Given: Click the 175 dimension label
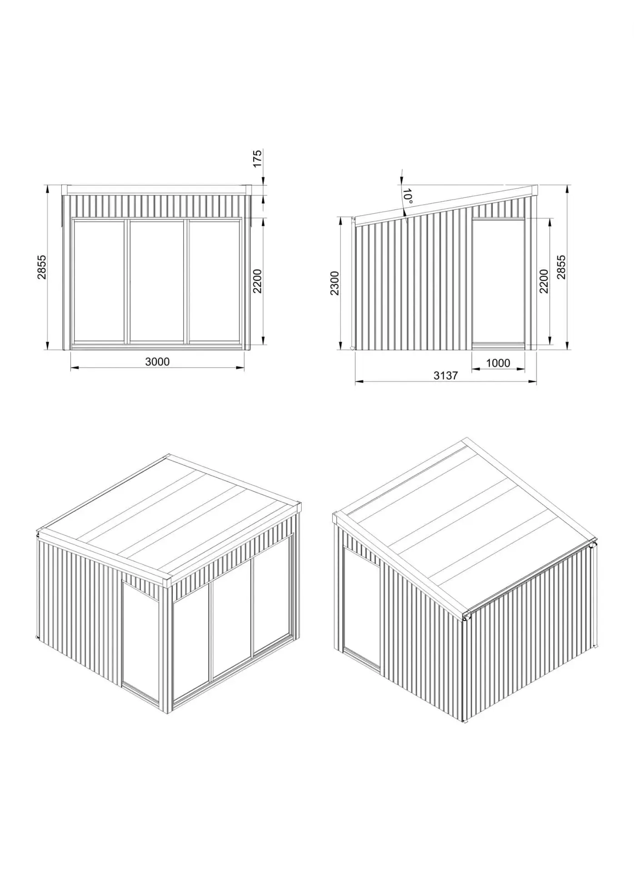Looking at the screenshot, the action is pos(257,159).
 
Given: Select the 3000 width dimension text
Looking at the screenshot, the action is pos(157,362).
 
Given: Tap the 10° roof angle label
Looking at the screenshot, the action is pos(408,196).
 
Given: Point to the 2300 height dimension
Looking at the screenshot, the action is pos(334,283).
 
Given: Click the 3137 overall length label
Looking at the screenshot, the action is pos(445,375).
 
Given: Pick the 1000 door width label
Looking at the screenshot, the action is pos(498,363).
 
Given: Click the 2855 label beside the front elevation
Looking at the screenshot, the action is pos(41,267).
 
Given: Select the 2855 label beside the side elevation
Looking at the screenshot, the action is pos(561,267).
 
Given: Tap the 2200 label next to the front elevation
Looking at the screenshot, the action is pos(257,281).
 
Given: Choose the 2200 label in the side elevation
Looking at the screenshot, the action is pos(544,281).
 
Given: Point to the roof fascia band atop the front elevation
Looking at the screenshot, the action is pos(157,190).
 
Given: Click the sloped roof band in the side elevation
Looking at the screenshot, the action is pos(445,206).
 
